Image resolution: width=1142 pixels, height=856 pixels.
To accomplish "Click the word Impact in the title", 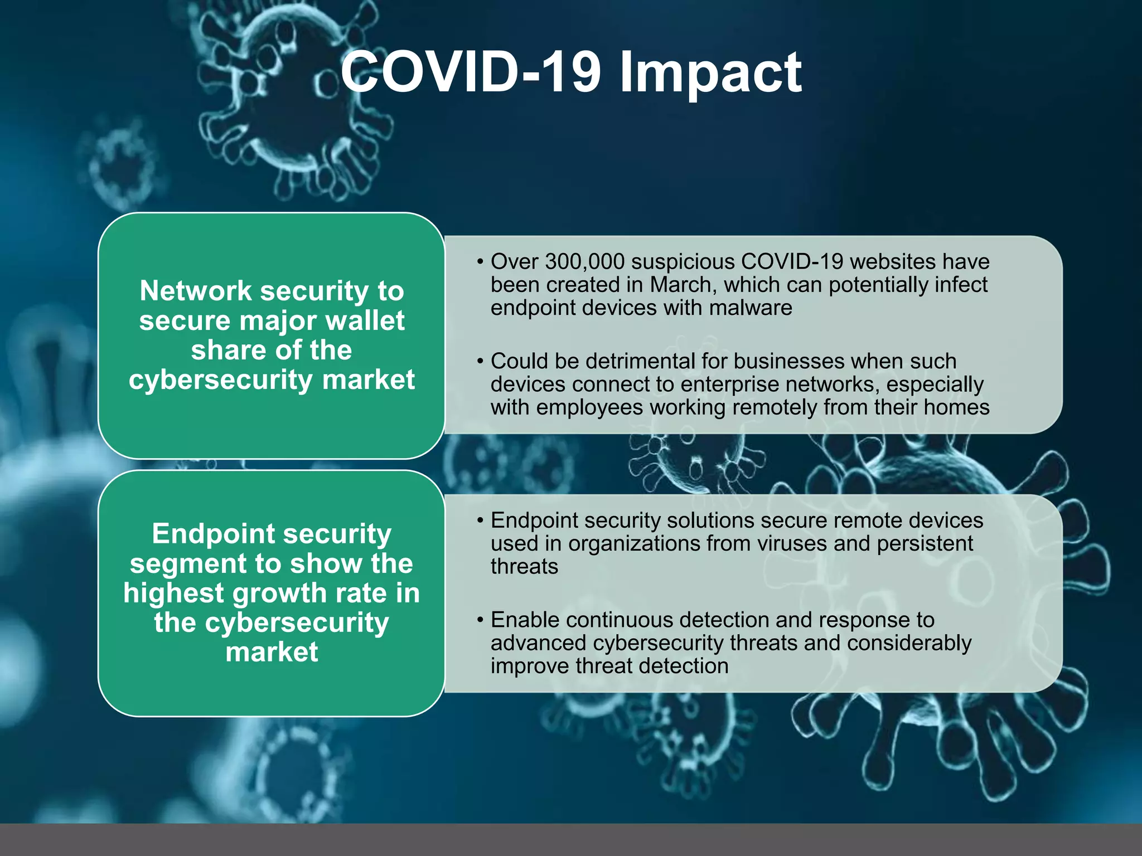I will (710, 72).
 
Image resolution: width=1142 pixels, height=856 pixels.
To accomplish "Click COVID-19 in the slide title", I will (471, 72).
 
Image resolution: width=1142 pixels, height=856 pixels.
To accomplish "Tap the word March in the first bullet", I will (681, 285).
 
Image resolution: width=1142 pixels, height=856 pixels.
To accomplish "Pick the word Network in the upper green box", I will (196, 291).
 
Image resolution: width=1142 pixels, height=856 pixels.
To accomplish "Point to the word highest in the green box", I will (173, 593).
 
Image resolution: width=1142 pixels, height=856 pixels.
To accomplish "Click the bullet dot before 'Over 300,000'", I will (480, 262).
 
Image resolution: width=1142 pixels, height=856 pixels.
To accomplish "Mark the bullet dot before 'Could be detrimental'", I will (480, 362).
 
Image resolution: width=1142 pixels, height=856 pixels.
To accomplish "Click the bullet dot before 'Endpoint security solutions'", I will (480, 521).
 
